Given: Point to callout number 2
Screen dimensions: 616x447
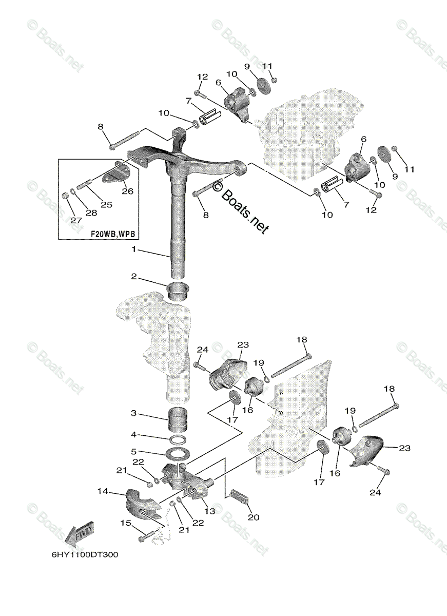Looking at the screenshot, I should click(134, 276).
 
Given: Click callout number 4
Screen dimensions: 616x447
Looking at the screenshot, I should click(134, 434).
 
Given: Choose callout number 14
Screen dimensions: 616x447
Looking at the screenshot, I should click(103, 491).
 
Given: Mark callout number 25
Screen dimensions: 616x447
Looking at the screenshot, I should click(106, 204).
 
